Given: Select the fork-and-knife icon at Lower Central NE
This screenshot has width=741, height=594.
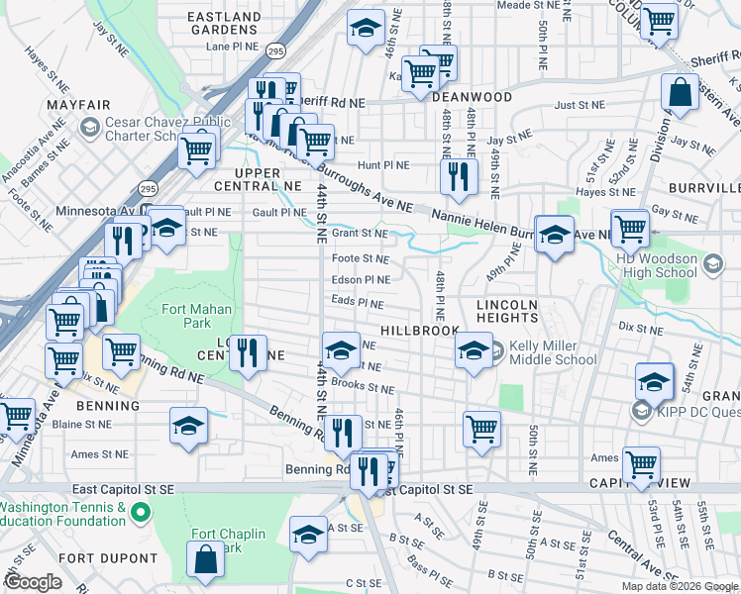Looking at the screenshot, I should pos(248,351).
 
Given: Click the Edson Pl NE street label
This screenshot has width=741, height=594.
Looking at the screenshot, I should pos(361,280).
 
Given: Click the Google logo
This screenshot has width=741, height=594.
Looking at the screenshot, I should pos(34,582).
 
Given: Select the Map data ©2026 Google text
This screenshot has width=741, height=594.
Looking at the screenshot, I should pos(679,586).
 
